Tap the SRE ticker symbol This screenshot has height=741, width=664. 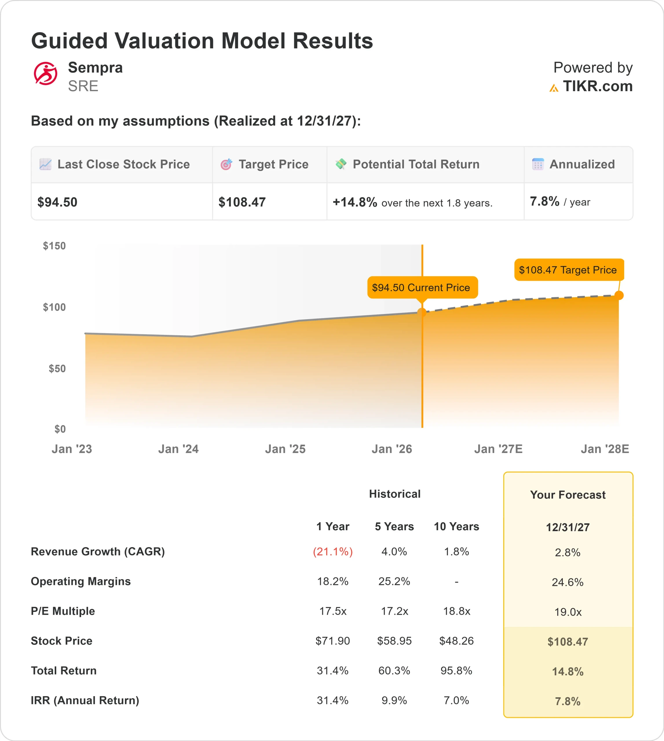coord(83,86)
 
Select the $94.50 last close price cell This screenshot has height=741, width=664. coord(57,202)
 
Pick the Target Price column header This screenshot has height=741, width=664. coord(273,164)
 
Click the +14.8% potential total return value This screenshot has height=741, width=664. coord(355,202)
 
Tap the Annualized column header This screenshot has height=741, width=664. coord(582,164)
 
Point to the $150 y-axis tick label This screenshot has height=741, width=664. coord(54,246)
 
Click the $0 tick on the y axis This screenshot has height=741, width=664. coord(60,429)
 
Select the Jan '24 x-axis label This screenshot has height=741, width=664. coord(178,449)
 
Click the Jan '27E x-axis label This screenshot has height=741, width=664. coord(498,449)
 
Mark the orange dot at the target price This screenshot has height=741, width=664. coord(619,295)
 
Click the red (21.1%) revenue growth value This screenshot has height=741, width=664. coord(333,551)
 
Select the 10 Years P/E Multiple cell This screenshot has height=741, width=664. coord(456,611)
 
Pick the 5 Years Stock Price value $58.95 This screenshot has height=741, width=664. coord(394,641)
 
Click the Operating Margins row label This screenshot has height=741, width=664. coord(81,581)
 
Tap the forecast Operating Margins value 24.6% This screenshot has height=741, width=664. coord(567,582)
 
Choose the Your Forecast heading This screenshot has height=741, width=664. coord(567,495)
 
